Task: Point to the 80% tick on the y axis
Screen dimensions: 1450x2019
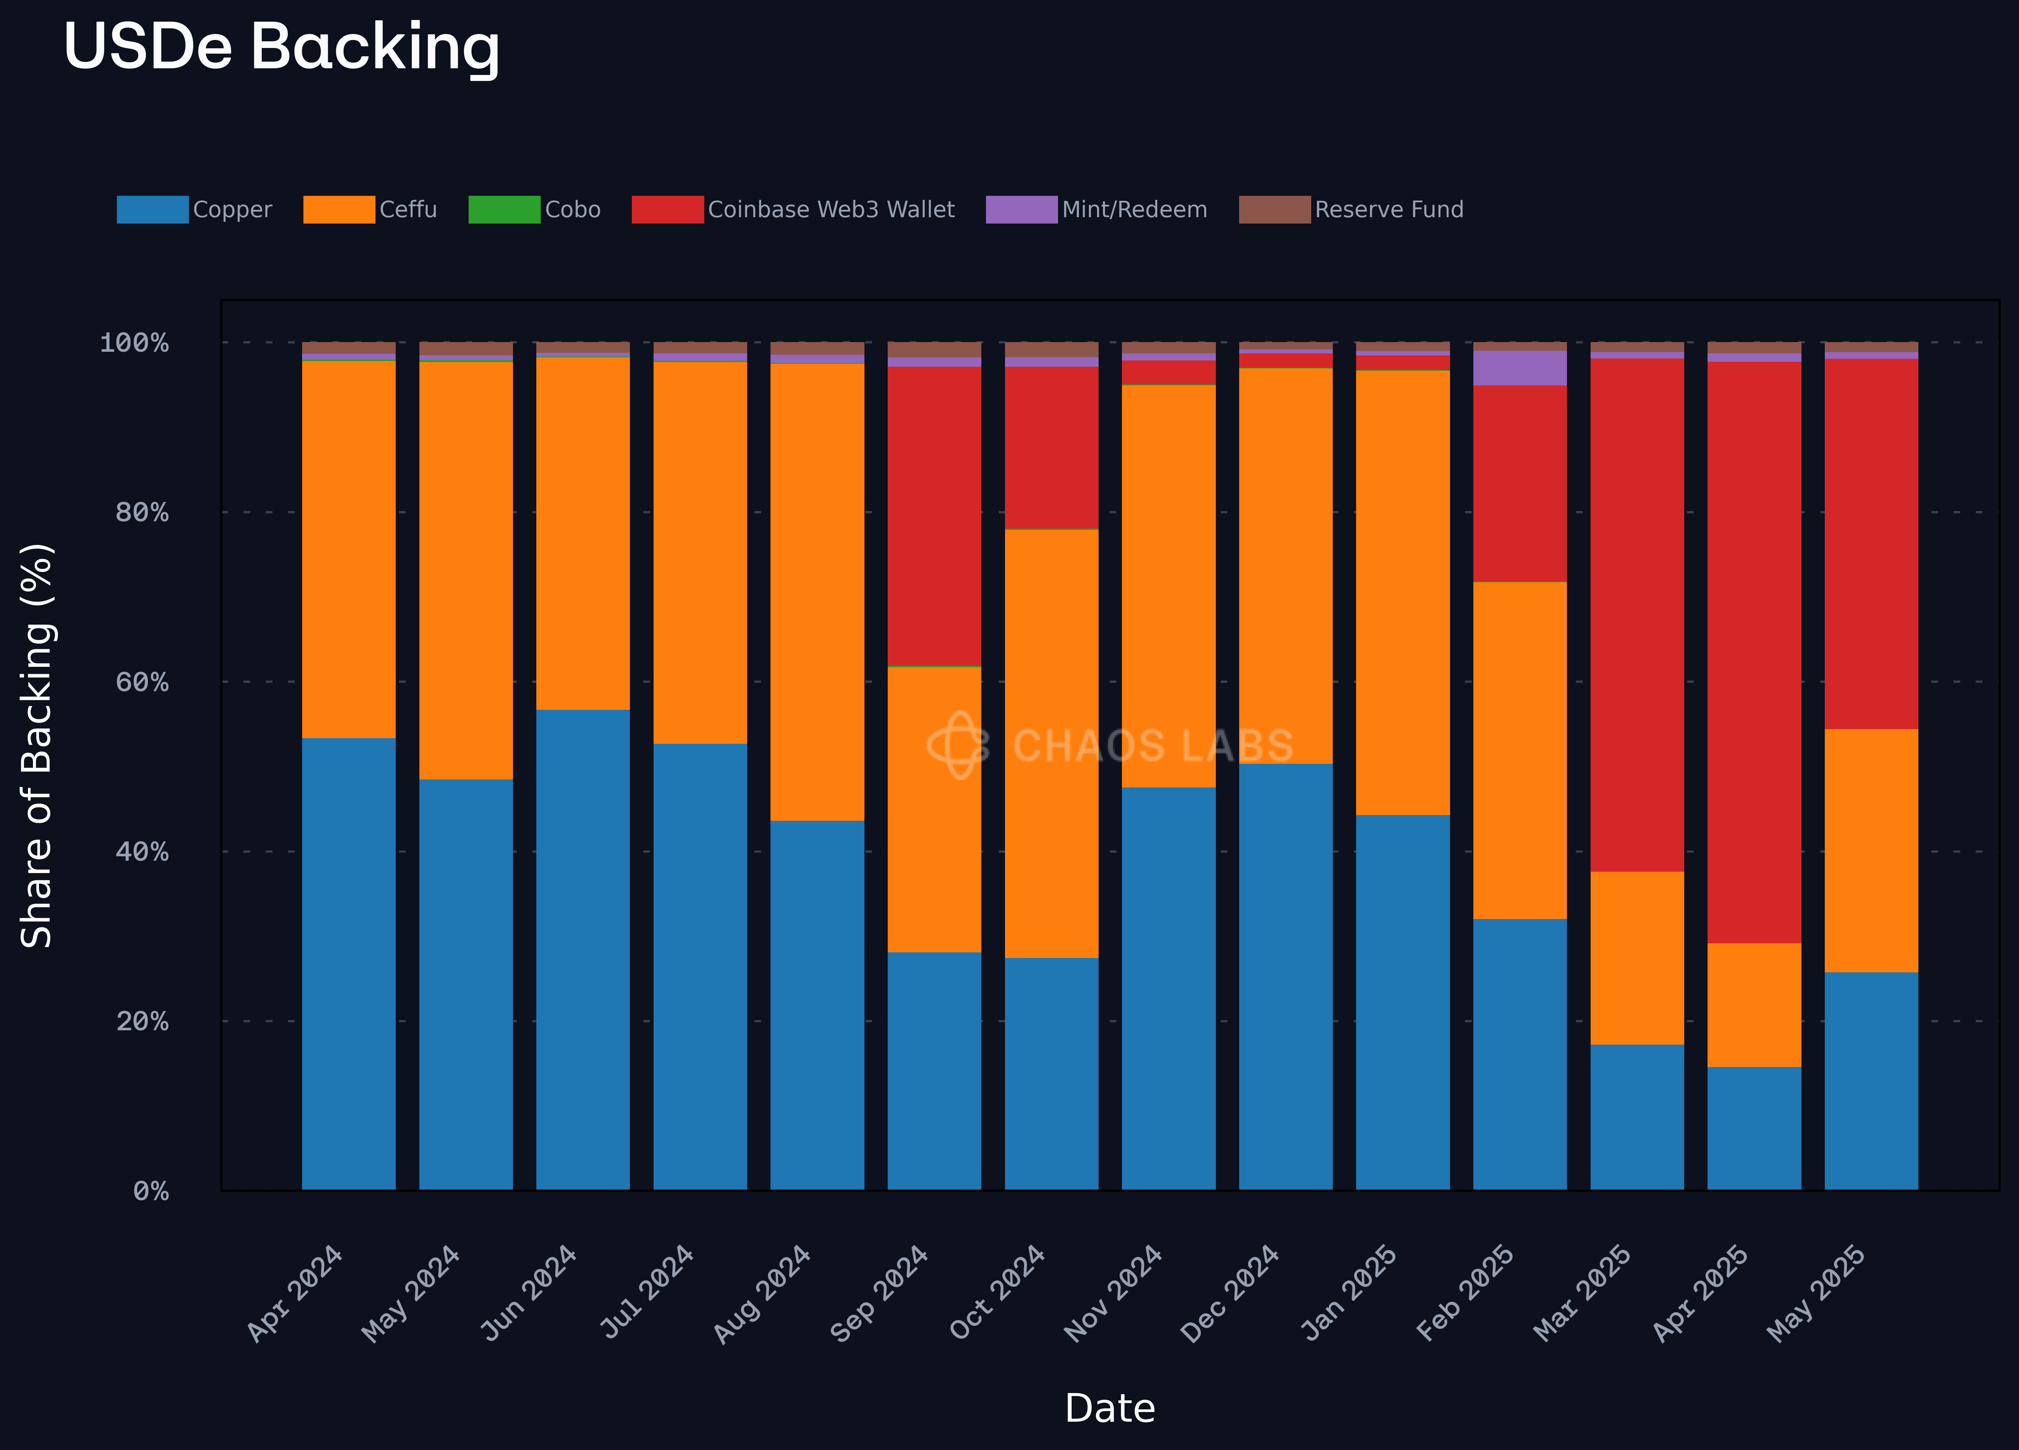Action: [143, 513]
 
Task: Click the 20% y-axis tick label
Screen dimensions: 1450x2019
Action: [143, 1021]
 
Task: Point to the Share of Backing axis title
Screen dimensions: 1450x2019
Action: [37, 746]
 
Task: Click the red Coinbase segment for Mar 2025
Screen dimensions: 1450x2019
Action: [1637, 614]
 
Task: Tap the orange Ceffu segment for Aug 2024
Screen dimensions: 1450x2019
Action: [817, 592]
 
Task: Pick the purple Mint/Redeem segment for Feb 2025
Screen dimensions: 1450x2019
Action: [1520, 368]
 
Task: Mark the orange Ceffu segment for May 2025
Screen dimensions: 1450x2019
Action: [1871, 850]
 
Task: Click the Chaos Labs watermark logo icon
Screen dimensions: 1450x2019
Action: [958, 745]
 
